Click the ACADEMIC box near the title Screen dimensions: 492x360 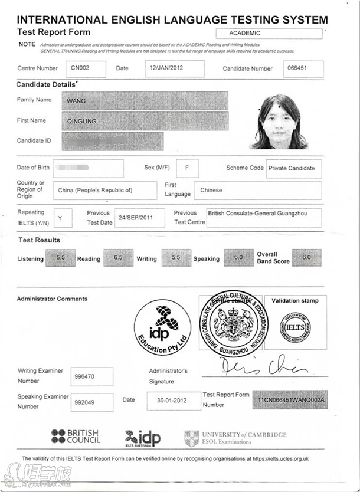tap(269, 33)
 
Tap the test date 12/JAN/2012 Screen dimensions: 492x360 tap(175, 68)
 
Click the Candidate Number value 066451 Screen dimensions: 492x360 tap(303, 69)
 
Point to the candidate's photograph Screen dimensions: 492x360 tap(278, 122)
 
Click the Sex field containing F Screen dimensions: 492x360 tap(187, 168)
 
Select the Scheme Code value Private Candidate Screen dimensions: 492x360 tap(293, 168)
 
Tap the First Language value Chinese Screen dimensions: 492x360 tap(260, 190)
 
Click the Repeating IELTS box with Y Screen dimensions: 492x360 tap(60, 218)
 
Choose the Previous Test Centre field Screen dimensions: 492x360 tap(264, 217)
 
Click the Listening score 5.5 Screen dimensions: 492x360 tap(60, 258)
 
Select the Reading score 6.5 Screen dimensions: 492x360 tap(118, 258)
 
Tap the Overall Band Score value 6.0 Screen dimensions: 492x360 tap(306, 258)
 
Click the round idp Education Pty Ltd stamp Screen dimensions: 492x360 tap(163, 327)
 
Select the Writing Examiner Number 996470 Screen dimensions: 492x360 tap(91, 376)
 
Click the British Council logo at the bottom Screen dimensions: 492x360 tap(76, 437)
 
